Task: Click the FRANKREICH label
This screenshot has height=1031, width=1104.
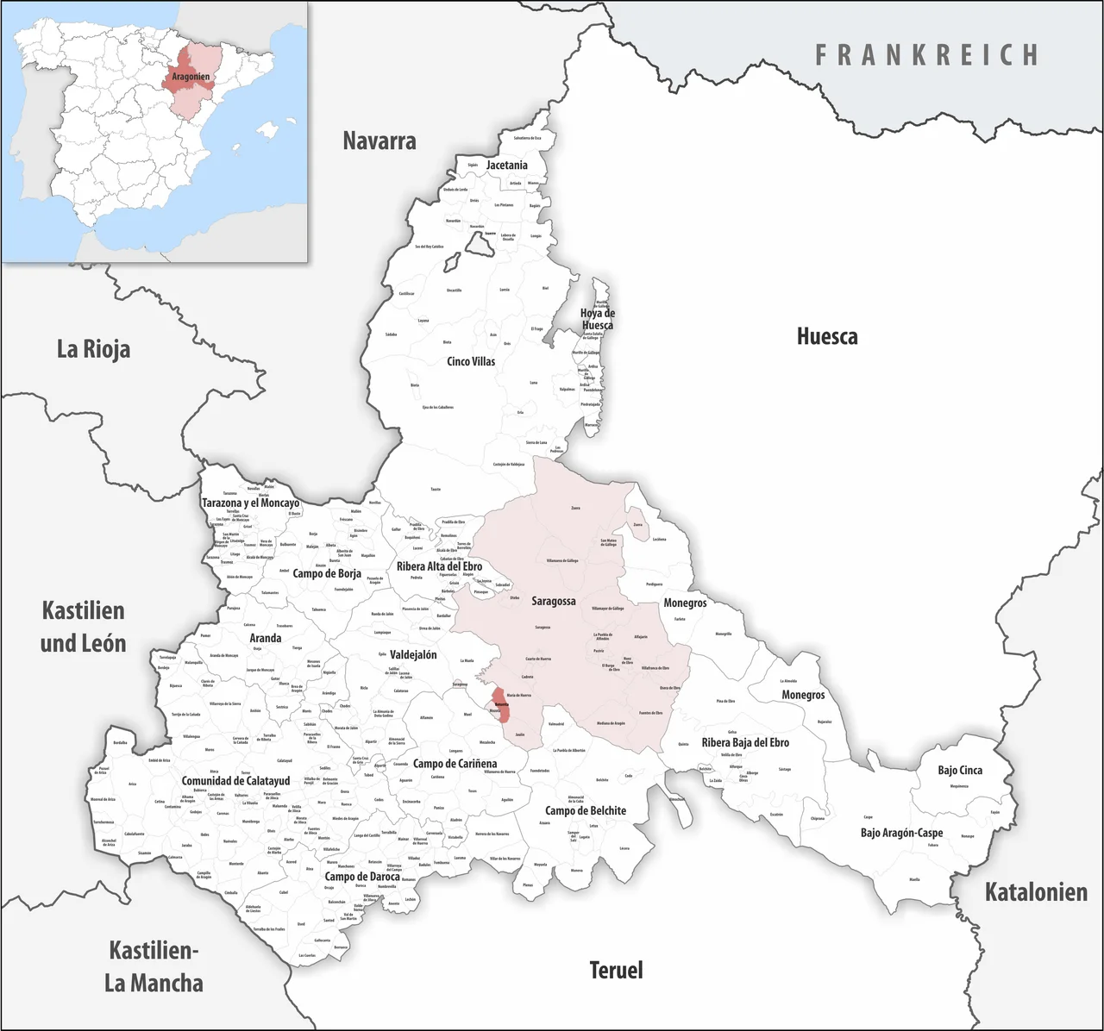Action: point(927,55)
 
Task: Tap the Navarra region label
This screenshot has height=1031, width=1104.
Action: point(379,141)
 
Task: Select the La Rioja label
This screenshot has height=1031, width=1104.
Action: point(93,349)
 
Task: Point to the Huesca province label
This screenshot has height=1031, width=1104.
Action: point(826,336)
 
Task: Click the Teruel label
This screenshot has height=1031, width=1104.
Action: point(616,970)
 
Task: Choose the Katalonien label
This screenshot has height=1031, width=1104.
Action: point(1036,892)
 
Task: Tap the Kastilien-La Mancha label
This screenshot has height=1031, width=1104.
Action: point(154,966)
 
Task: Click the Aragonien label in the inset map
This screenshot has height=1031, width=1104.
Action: point(191,78)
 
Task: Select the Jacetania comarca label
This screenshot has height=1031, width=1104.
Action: point(506,165)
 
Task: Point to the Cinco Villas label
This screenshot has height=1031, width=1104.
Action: point(471,361)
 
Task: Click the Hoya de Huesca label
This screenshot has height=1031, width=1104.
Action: point(597,319)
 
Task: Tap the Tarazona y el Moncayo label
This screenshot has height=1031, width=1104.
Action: point(250,503)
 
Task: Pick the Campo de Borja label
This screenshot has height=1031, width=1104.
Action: point(327,573)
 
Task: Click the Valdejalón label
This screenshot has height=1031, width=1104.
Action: point(413,654)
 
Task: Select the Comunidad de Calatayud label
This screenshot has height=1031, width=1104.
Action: point(235,781)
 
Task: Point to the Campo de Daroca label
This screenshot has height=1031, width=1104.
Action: point(362,877)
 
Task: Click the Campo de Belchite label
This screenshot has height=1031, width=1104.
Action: point(586,810)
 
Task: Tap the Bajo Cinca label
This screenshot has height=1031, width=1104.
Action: point(960,770)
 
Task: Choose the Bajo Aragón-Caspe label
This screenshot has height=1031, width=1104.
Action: point(901,833)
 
